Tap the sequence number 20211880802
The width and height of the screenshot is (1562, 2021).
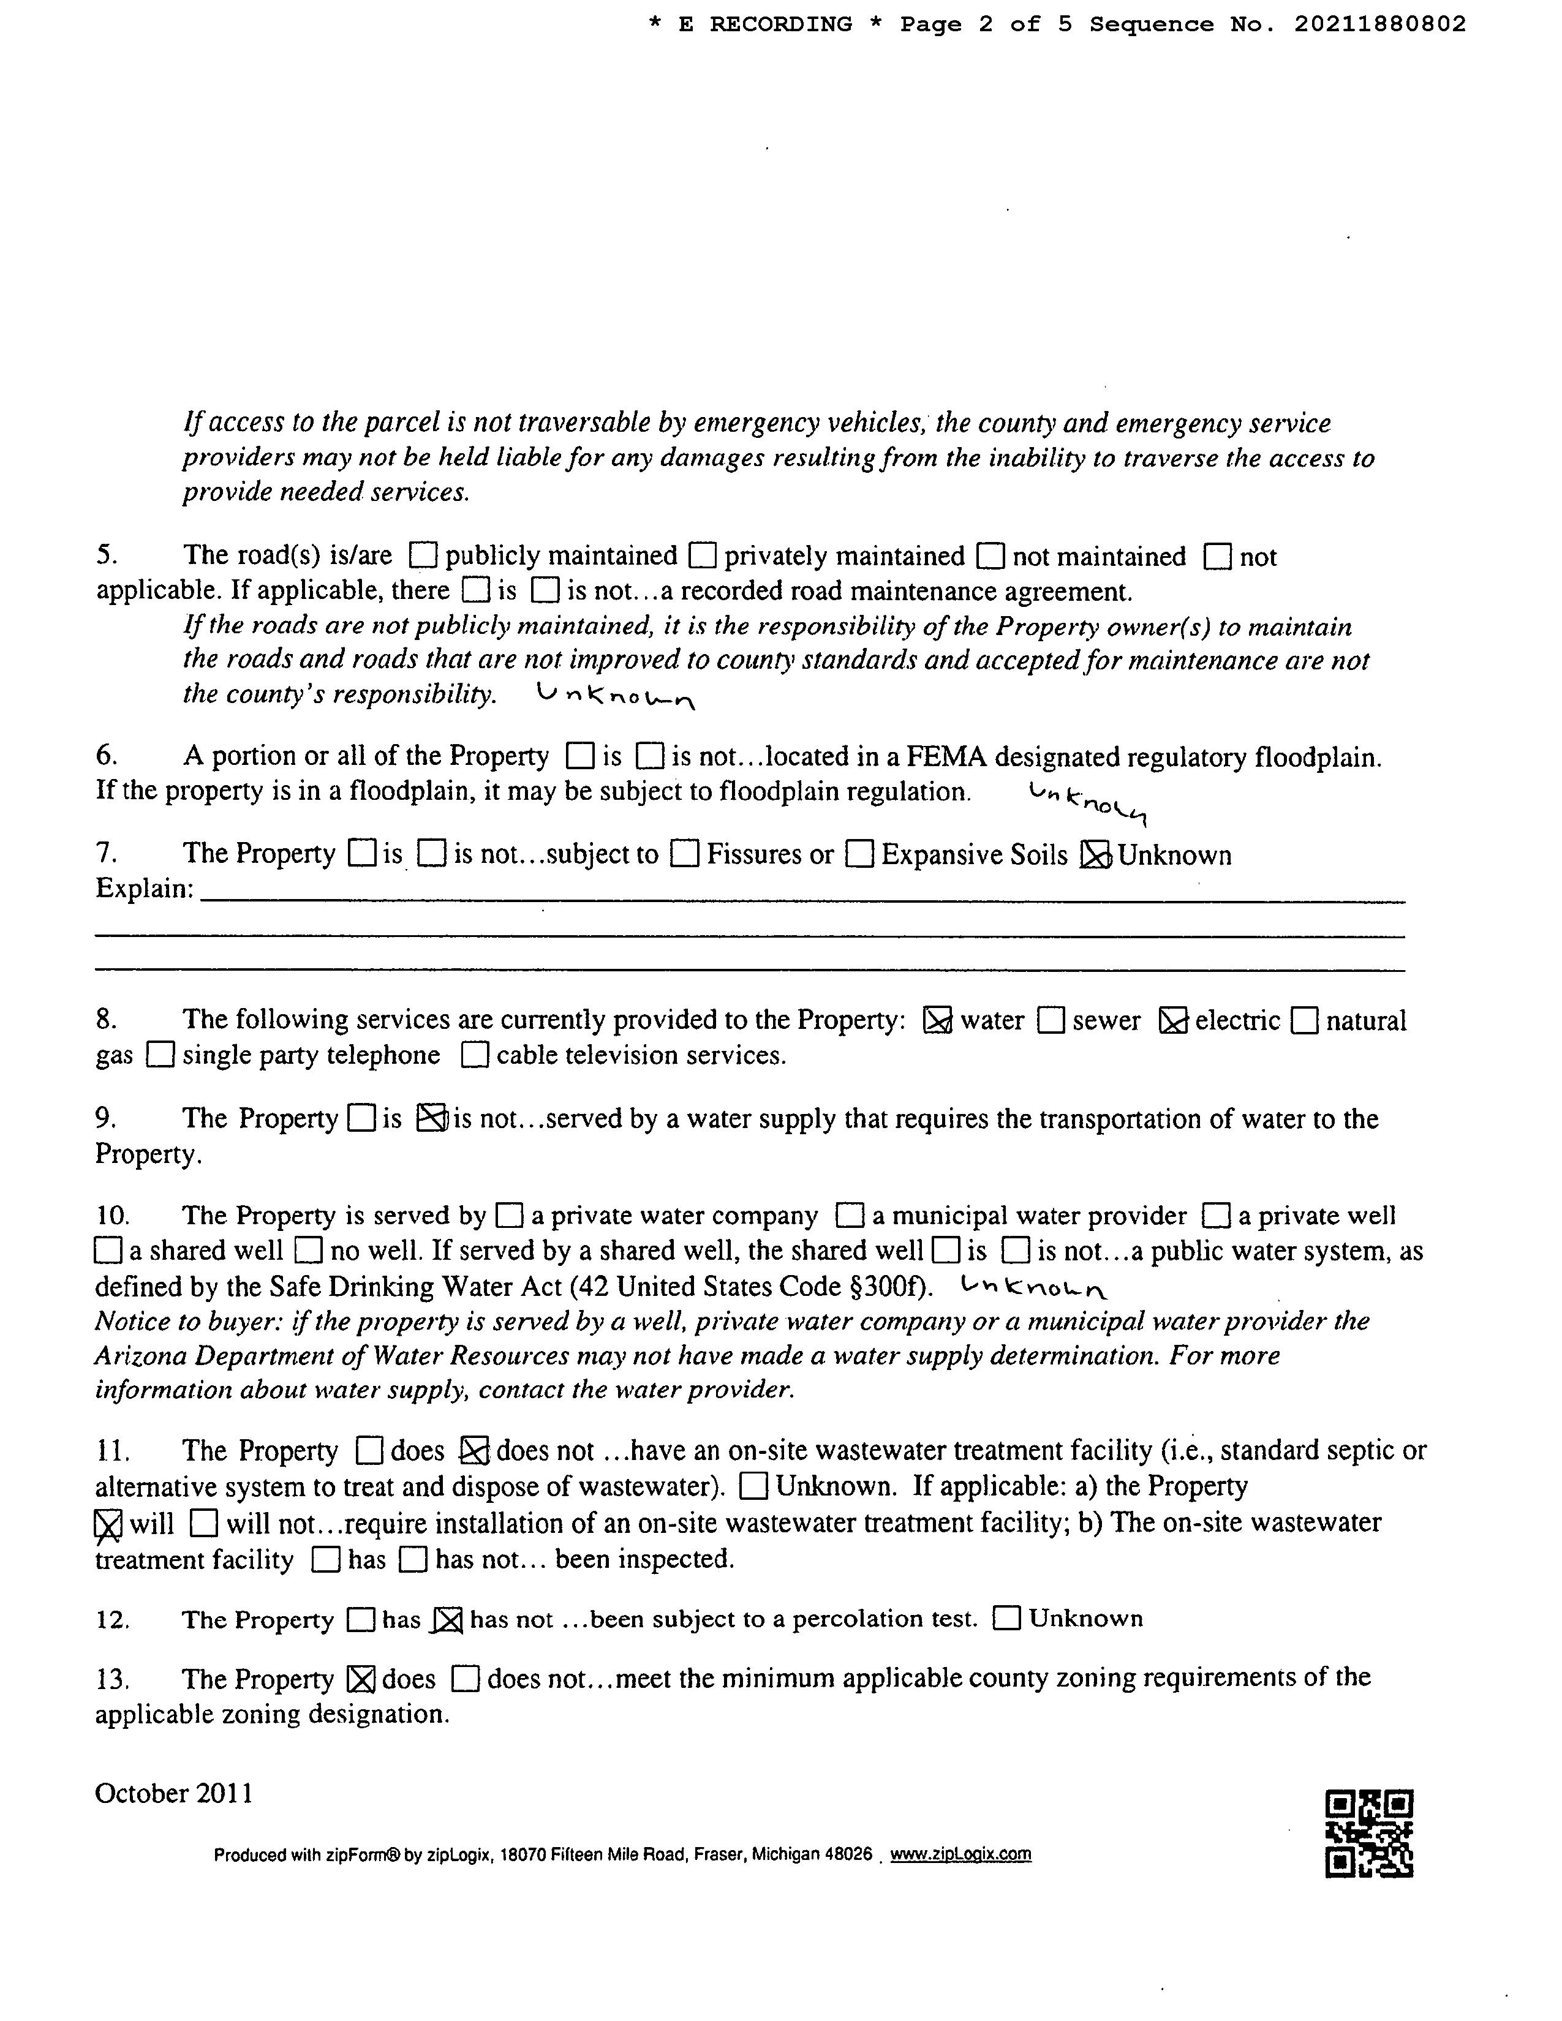[1379, 24]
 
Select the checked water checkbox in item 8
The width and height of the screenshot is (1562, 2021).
[937, 1021]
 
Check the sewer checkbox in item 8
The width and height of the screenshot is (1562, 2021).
[1051, 1021]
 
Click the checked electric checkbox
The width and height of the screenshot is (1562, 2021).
[1174, 1021]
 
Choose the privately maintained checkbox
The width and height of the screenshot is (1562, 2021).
[703, 555]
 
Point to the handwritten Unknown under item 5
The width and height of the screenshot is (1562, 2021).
[616, 695]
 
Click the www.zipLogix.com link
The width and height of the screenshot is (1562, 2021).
[960, 1854]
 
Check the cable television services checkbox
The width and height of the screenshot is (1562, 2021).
[475, 1055]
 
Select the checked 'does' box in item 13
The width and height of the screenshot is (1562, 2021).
[360, 1679]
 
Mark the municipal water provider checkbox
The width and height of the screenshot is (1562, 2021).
[850, 1215]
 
